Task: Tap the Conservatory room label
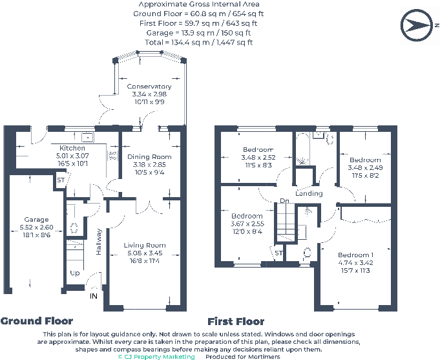tap(149, 87)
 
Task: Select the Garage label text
tap(36, 220)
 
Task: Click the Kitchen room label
tap(72, 148)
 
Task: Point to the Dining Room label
tap(149, 156)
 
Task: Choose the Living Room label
tap(145, 245)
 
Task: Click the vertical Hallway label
tap(98, 242)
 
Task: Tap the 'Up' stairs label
tap(75, 273)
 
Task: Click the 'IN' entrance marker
tap(94, 296)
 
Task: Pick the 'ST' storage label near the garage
tap(61, 180)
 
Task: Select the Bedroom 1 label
tap(355, 255)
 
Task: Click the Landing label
tap(309, 193)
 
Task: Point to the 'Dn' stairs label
tap(284, 201)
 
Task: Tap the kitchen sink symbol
tap(88, 138)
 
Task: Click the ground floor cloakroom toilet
tap(74, 228)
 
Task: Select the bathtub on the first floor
tap(303, 149)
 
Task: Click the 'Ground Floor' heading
tap(37, 321)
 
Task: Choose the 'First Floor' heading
tap(236, 321)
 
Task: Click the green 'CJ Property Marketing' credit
tap(156, 357)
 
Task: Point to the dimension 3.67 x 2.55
tap(247, 224)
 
